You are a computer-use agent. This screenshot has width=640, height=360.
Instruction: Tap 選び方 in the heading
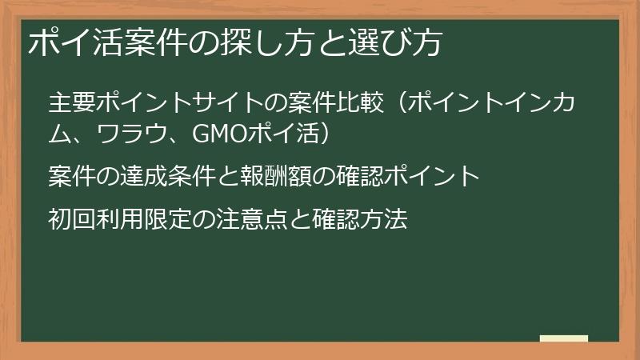coord(395,42)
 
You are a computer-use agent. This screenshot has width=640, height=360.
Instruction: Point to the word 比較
coord(361,102)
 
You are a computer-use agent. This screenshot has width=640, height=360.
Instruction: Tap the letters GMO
coord(219,134)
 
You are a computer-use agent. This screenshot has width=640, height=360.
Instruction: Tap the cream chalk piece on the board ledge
coord(564,338)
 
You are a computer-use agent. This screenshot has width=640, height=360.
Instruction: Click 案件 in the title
coord(155,42)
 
